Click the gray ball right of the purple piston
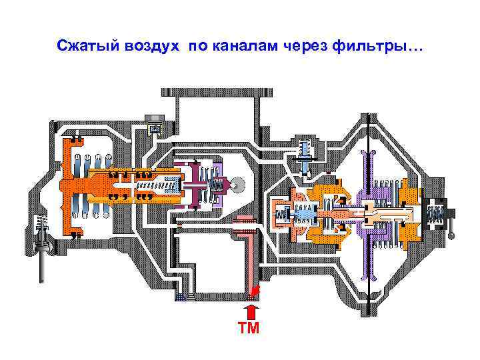coord(237,182)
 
